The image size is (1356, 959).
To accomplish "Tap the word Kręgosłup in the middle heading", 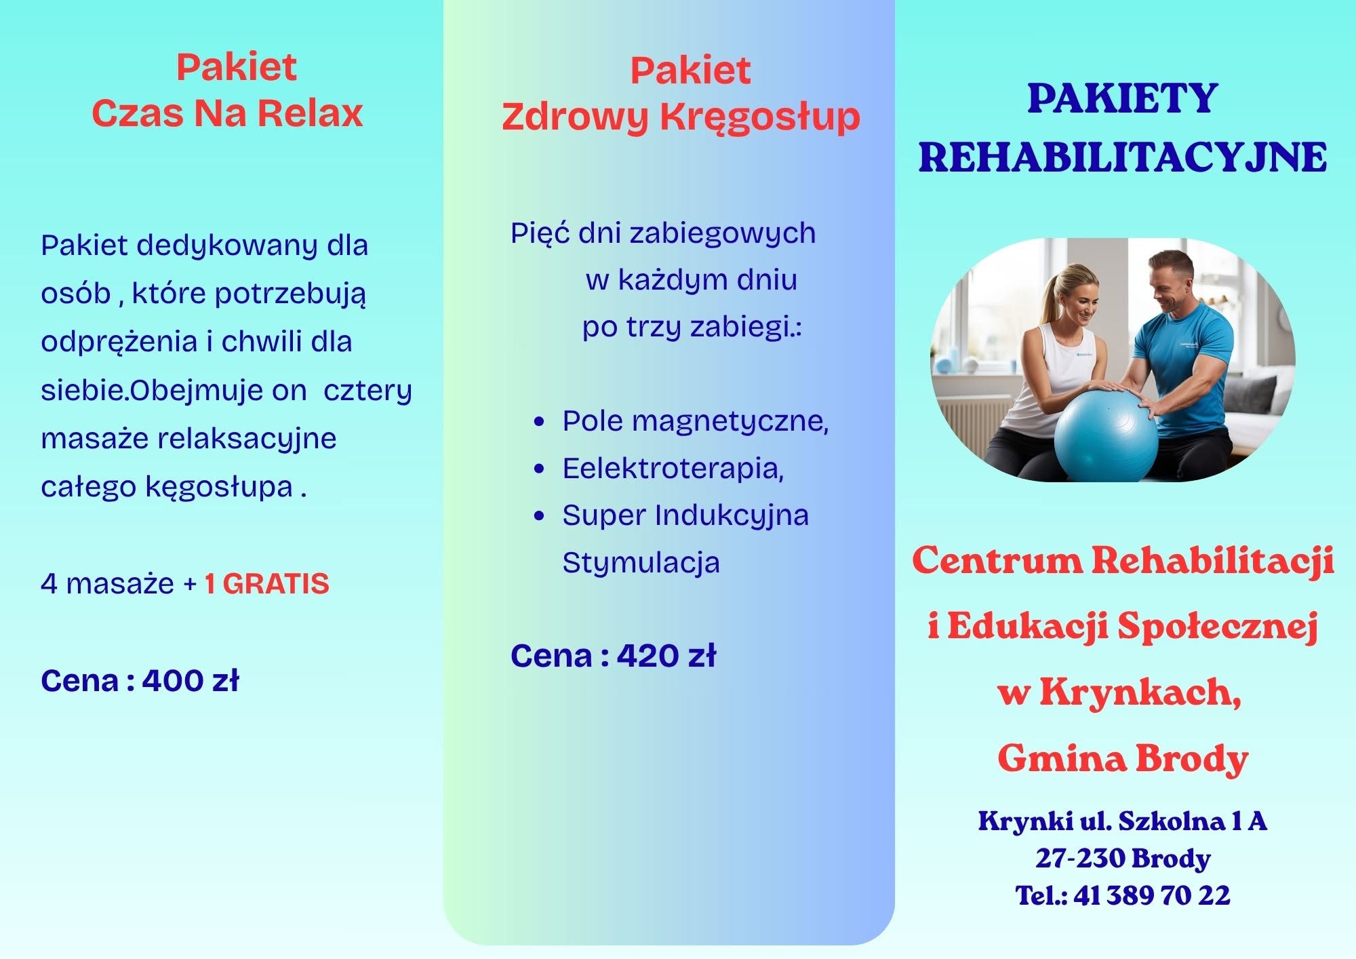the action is click(x=760, y=117).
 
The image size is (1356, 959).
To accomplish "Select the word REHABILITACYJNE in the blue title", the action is click(x=1123, y=157).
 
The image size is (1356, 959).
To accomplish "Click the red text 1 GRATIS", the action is click(x=266, y=584).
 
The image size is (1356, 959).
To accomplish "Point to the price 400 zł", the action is click(x=191, y=680).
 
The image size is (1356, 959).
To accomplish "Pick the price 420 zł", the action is click(x=666, y=655).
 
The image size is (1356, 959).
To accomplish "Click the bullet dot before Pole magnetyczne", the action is click(x=540, y=422).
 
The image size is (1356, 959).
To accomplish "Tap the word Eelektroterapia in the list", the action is click(x=673, y=468).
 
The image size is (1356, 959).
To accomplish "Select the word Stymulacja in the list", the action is click(x=641, y=563).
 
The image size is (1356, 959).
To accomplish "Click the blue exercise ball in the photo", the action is click(x=1107, y=434).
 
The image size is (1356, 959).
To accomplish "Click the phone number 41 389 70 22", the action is click(x=1152, y=895).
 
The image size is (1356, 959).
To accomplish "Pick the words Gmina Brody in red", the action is click(x=1123, y=758).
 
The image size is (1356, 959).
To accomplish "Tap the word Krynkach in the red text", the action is click(x=1141, y=692).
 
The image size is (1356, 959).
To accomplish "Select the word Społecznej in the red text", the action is click(x=1218, y=627).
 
